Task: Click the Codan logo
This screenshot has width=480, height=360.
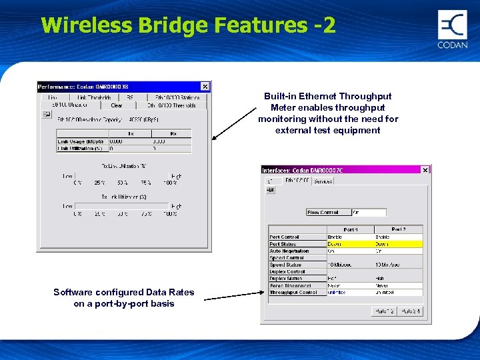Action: pos(453,29)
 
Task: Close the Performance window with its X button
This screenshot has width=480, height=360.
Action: pos(205,86)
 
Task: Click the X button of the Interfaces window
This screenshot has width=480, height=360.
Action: pos(425,170)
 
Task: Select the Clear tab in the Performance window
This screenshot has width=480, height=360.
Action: pos(117,105)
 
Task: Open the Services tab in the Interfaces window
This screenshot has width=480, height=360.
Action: pos(323,180)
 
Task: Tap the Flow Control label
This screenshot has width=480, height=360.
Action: pos(323,213)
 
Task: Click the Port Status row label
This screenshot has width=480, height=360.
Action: pos(283,244)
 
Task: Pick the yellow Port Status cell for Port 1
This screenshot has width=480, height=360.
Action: pos(349,244)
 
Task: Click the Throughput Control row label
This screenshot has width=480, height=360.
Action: pos(293,293)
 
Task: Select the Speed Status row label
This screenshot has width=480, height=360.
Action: pos(286,265)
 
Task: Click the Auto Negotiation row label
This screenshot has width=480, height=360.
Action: pos(289,251)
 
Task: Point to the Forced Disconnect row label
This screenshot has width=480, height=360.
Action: pos(290,285)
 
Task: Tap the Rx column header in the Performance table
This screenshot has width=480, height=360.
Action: pos(173,133)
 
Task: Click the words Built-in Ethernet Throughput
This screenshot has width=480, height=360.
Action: pos(328,97)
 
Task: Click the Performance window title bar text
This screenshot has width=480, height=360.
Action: pos(83,87)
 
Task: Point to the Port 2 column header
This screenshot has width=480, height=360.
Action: pos(399,229)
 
